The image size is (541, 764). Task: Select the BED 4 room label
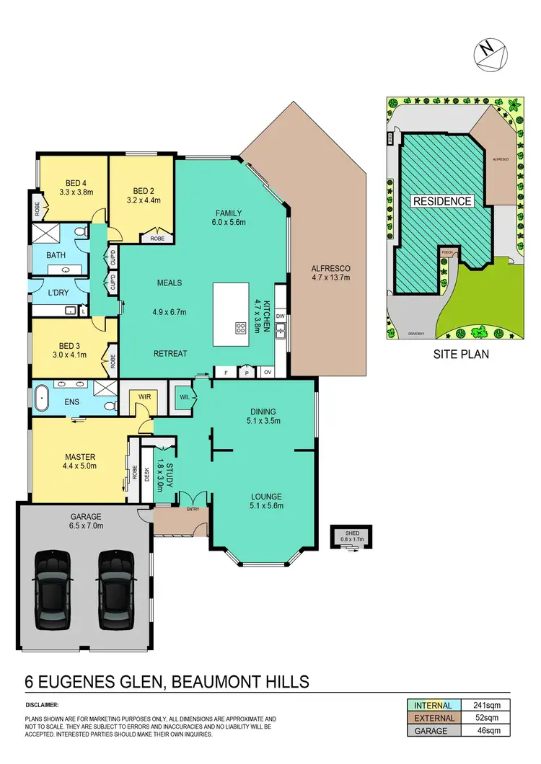point(72,182)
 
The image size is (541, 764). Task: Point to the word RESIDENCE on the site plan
point(442,202)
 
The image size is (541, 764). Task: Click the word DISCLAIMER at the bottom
point(41,704)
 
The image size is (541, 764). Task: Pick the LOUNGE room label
point(266,496)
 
